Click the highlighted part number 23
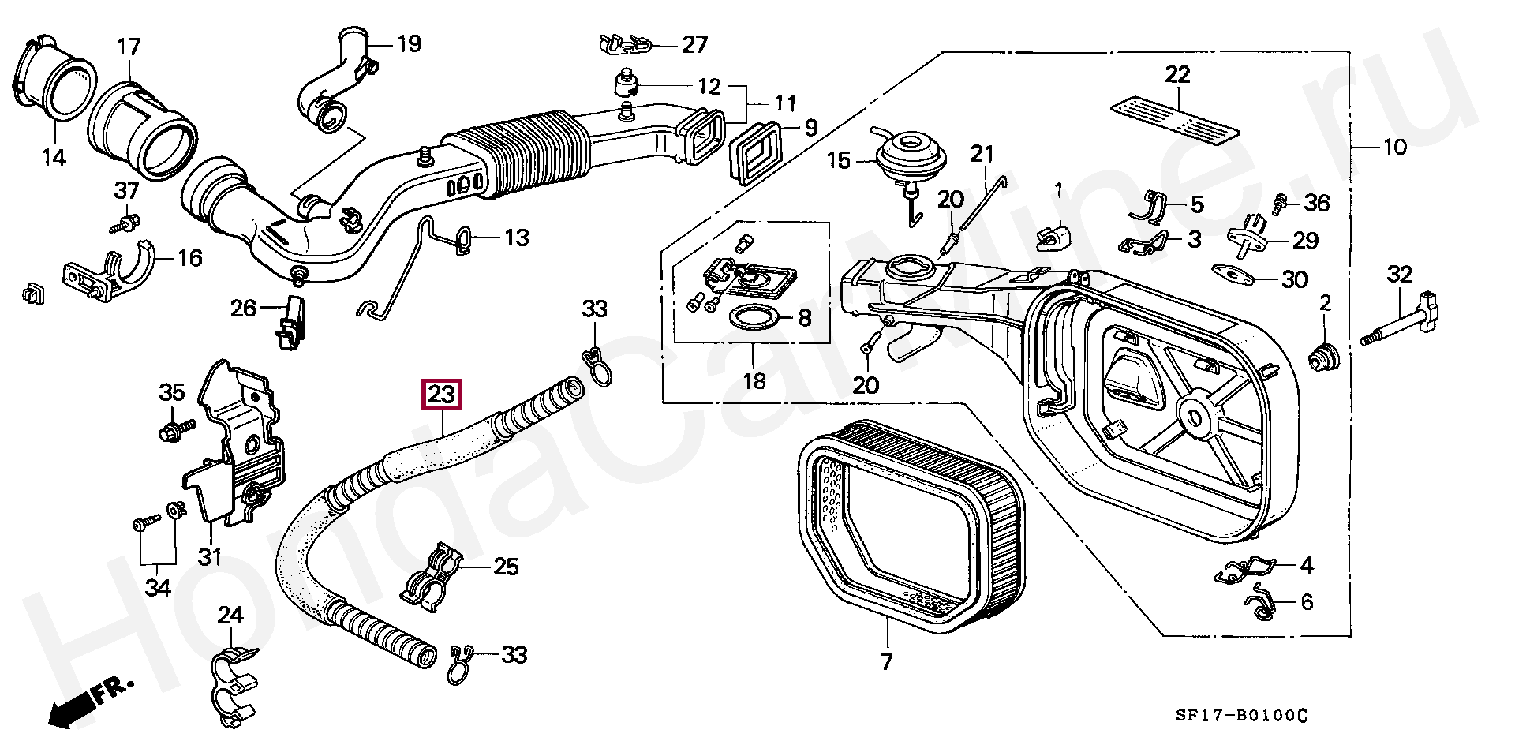coord(442,394)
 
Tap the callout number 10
coord(1394,146)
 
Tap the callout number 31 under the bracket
coord(209,557)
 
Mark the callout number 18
coord(754,382)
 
